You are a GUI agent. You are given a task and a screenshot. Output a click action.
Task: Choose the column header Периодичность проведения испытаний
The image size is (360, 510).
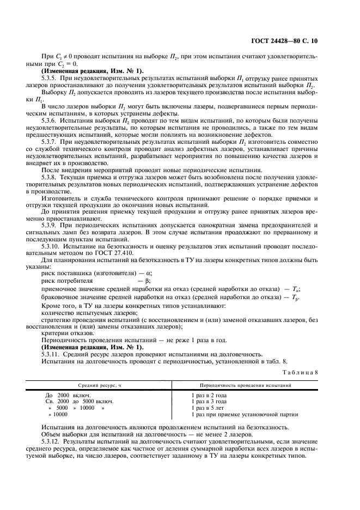point(241,385)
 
